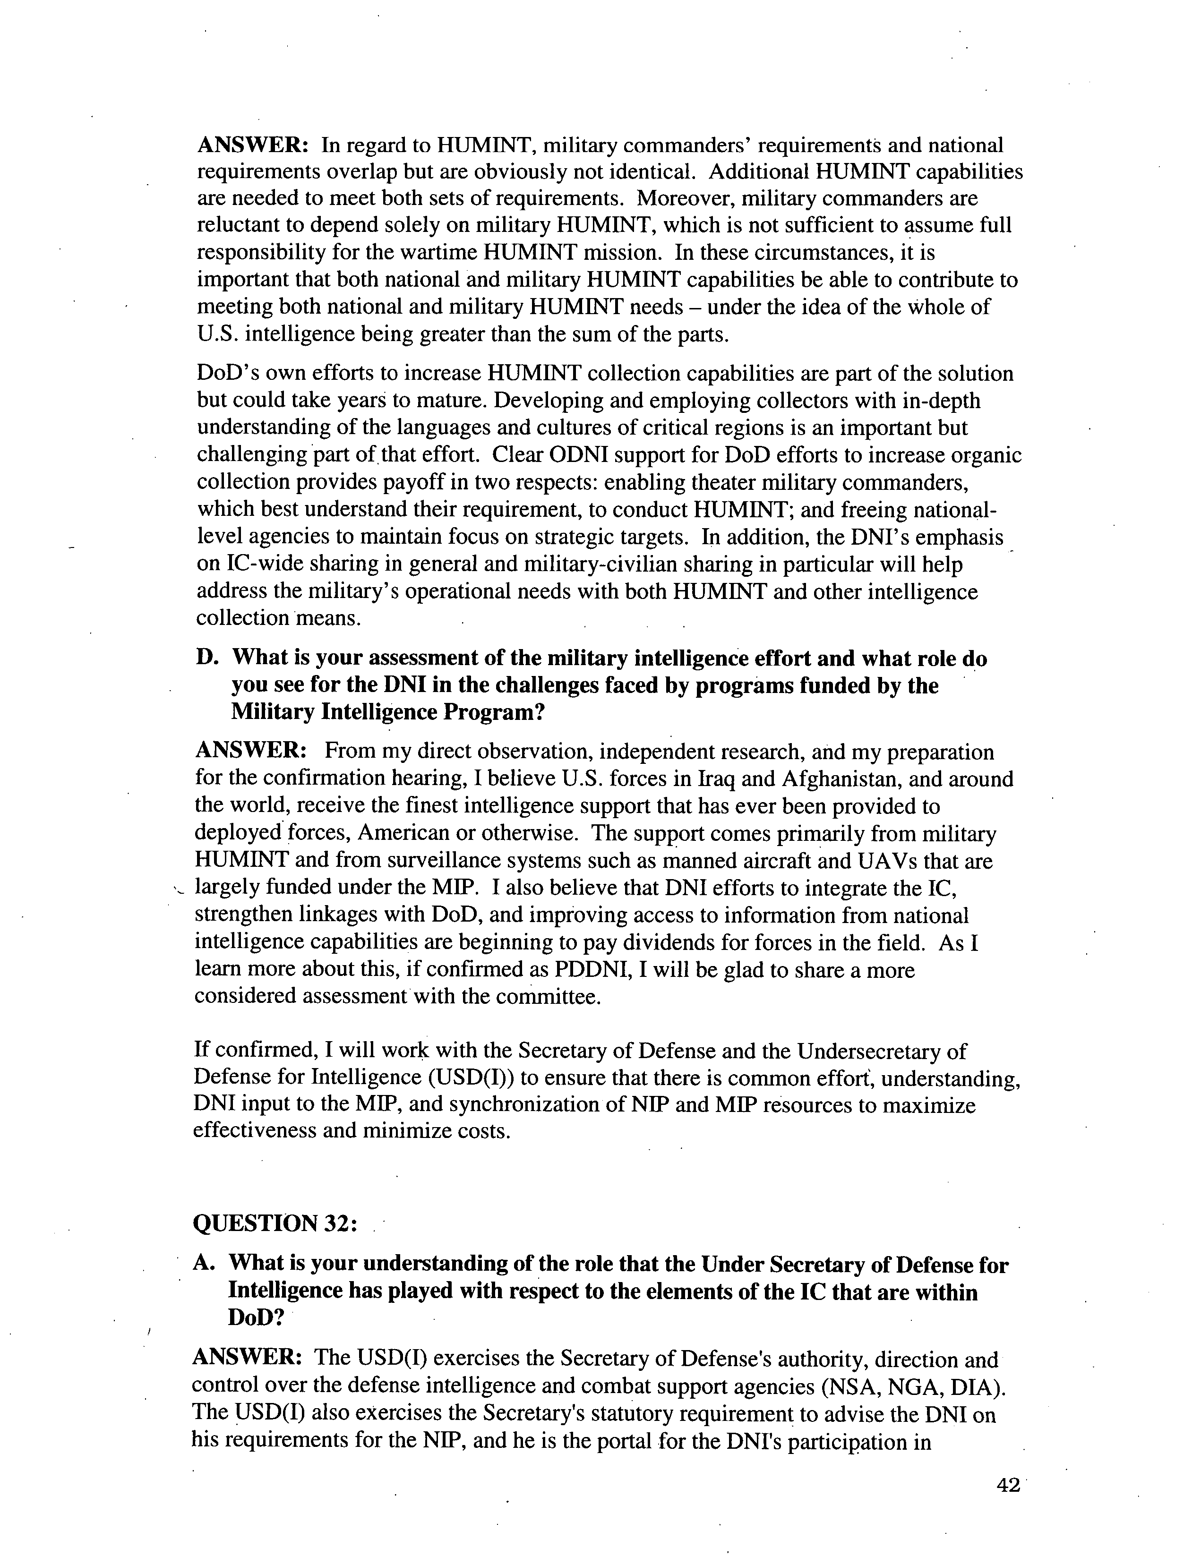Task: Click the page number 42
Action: [1007, 1485]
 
